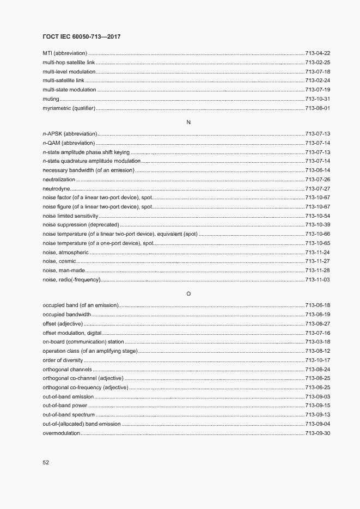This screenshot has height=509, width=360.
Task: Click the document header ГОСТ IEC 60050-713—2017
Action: pyautogui.click(x=81, y=36)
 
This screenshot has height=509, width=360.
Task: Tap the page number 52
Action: pyautogui.click(x=46, y=462)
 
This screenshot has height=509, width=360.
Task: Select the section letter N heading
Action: pyautogui.click(x=188, y=122)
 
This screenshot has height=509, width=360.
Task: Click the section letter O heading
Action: pyautogui.click(x=188, y=294)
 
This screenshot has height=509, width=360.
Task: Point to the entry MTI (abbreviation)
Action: pyautogui.click(x=65, y=53)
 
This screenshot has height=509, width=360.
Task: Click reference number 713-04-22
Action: pyautogui.click(x=318, y=53)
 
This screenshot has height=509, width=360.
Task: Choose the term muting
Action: pyautogui.click(x=50, y=99)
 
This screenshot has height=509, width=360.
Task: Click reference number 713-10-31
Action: pyautogui.click(x=318, y=99)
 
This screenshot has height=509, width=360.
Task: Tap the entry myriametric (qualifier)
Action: pyautogui.click(x=69, y=108)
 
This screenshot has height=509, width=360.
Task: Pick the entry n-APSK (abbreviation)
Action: pyautogui.click(x=70, y=133)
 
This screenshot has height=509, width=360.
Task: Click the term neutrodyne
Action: pyautogui.click(x=56, y=189)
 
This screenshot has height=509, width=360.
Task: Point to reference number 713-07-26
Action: pyautogui.click(x=318, y=180)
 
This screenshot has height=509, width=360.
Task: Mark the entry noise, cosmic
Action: pyautogui.click(x=59, y=261)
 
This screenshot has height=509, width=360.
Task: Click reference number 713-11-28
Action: pyautogui.click(x=318, y=271)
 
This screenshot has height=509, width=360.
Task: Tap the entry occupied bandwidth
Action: pyautogui.click(x=66, y=314)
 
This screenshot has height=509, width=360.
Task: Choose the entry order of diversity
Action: pyautogui.click(x=63, y=360)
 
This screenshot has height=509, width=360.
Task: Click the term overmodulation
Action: pyautogui.click(x=62, y=433)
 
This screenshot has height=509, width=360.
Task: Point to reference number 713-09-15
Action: pyautogui.click(x=318, y=406)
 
